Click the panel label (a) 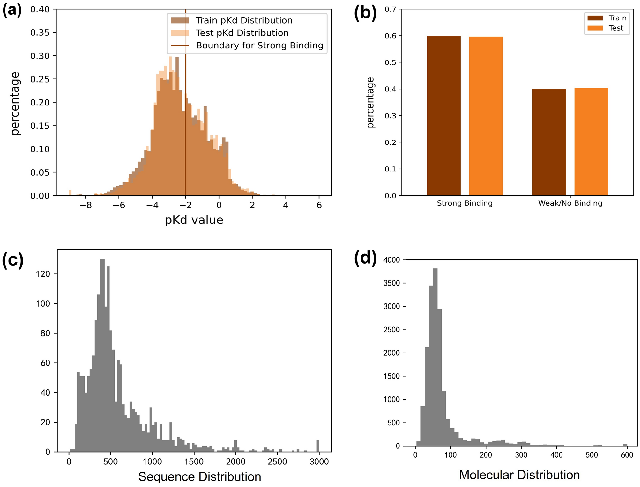click(12, 11)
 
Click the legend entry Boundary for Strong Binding click(259, 46)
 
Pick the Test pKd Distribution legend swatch click(180, 33)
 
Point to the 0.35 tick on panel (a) click(40, 33)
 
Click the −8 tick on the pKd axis click(85, 206)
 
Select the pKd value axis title click(194, 220)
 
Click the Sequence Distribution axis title click(199, 477)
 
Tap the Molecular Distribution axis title click(519, 475)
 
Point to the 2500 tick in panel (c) click(277, 462)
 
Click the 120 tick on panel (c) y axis click(43, 274)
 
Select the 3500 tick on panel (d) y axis click(391, 283)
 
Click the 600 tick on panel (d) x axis click(627, 455)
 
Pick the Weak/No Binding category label click(570, 203)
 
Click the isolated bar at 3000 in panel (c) click(318, 446)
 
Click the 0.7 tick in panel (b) click(390, 9)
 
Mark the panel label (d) click(365, 258)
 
